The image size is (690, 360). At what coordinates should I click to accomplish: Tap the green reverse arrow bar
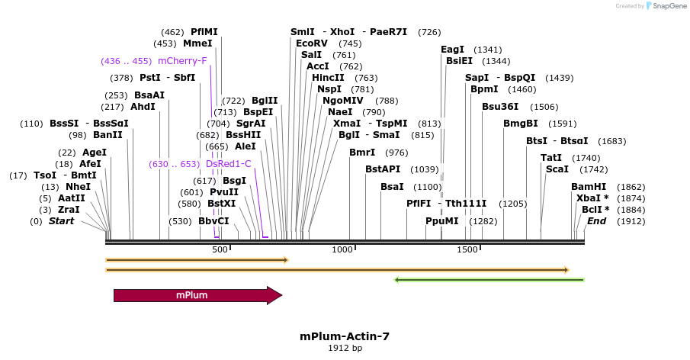point(489,280)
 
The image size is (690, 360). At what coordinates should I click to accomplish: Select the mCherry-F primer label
point(182,61)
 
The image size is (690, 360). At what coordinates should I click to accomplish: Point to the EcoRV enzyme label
point(312,43)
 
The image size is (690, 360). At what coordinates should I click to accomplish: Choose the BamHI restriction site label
point(589,187)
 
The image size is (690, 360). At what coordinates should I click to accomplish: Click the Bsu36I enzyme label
point(499,107)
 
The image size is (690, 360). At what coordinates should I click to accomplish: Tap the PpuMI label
point(442,221)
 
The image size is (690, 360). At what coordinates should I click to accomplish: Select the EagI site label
point(453,50)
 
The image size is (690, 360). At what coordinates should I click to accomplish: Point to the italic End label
point(596,221)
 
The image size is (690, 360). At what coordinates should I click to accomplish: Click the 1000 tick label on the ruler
point(342,249)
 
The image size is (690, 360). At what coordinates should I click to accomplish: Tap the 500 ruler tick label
point(220,249)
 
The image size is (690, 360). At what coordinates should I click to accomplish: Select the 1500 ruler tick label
point(467,249)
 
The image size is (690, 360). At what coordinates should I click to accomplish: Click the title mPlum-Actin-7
point(345,336)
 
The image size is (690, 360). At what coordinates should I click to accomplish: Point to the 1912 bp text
point(345,349)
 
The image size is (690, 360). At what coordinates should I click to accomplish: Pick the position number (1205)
point(512,204)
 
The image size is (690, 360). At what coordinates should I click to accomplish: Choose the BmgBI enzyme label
point(520,124)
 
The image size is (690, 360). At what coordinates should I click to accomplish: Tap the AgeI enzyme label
point(95,153)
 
